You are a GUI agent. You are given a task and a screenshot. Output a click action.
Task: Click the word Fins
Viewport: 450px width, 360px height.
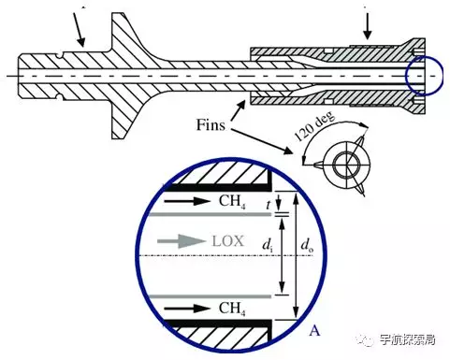(x=210, y=125)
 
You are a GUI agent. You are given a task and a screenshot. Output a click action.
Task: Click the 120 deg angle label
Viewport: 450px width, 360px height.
(x=315, y=126)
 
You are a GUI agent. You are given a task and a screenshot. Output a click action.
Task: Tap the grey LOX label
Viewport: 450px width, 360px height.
(x=227, y=241)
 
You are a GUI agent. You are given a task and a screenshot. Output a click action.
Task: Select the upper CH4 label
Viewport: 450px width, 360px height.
(x=232, y=201)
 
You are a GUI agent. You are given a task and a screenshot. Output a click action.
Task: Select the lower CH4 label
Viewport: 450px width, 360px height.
(x=232, y=309)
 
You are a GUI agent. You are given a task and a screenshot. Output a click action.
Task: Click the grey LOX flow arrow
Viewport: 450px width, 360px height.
(x=181, y=241)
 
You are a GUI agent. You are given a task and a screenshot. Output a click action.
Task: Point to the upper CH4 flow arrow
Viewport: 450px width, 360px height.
(x=187, y=201)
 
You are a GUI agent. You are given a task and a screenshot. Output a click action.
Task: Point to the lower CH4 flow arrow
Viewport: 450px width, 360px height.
(x=187, y=309)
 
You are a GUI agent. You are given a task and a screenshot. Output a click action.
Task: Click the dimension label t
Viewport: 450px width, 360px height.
(x=269, y=205)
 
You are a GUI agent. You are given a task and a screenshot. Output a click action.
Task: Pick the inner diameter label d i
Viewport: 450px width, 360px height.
(x=268, y=245)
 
